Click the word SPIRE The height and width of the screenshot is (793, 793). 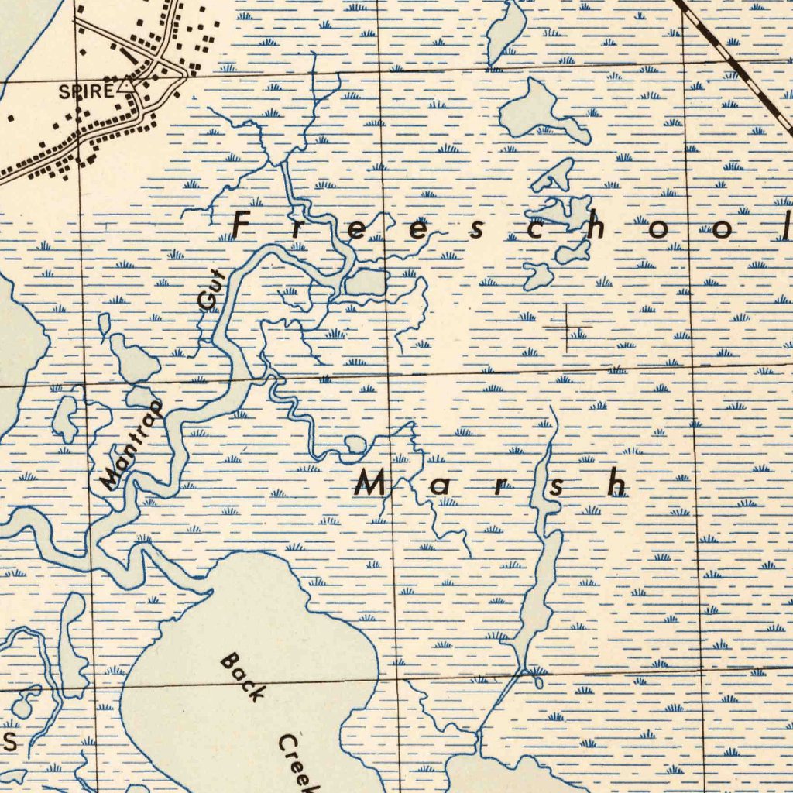point(85,91)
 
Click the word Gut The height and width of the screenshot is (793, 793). point(210,290)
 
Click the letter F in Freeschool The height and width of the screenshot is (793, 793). point(244,225)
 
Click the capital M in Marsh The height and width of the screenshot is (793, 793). point(369,485)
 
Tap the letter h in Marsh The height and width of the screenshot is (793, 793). point(617,485)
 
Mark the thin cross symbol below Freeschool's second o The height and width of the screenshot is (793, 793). point(566,329)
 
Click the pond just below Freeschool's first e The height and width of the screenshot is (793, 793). point(366,283)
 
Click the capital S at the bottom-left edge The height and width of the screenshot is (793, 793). point(9,741)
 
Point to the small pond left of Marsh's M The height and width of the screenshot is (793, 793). point(354,445)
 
